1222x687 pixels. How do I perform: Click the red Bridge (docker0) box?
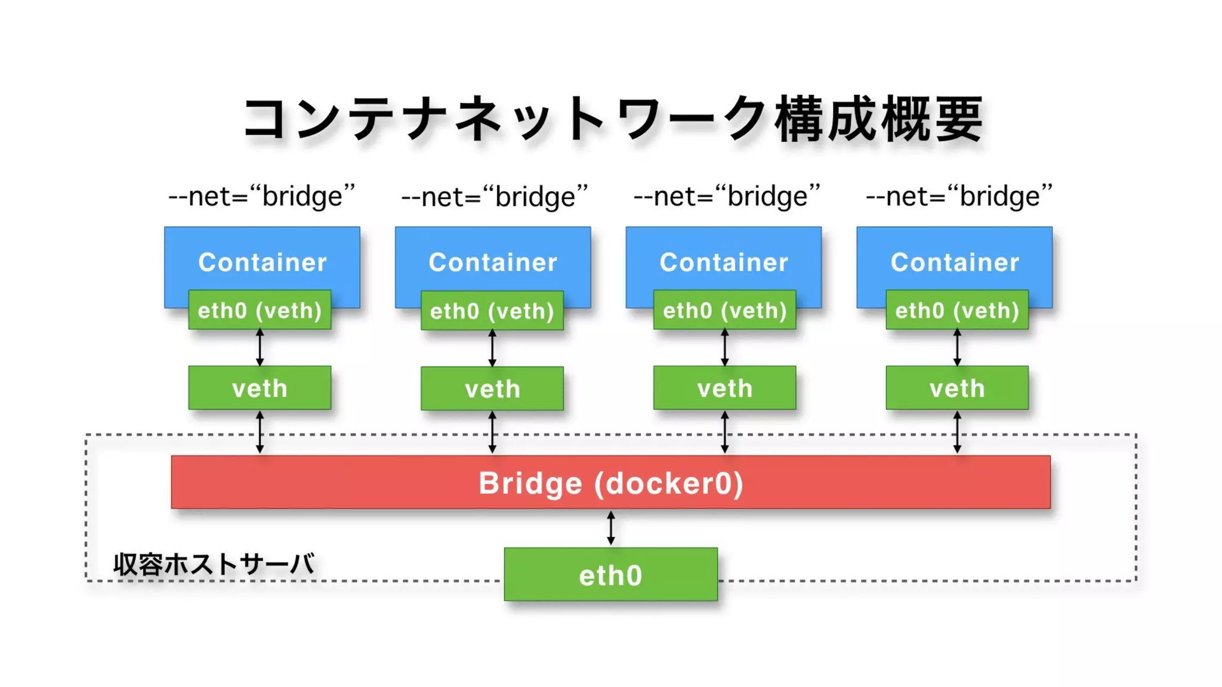click(610, 482)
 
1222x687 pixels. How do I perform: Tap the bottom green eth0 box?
click(610, 574)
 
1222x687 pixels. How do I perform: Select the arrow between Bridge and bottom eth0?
click(610, 528)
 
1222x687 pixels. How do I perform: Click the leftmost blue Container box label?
click(262, 262)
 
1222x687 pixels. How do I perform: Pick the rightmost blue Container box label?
click(954, 262)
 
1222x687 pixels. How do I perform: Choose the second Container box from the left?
click(493, 262)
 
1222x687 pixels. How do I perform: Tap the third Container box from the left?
click(723, 262)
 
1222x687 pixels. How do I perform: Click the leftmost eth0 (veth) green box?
click(260, 310)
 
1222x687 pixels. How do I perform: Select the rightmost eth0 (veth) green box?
click(957, 310)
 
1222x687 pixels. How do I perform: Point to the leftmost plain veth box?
click(260, 388)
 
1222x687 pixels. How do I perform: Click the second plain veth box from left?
click(492, 389)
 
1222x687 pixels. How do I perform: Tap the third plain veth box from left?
click(724, 388)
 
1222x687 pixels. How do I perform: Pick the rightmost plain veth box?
click(957, 388)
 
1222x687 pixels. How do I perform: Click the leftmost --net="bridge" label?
click(262, 196)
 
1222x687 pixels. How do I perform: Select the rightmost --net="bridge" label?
click(959, 196)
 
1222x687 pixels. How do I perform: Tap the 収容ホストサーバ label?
click(213, 564)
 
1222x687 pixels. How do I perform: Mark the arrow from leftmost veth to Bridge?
click(260, 432)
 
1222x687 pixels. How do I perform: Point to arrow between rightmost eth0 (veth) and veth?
click(957, 347)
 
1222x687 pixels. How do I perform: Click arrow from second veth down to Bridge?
click(492, 432)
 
